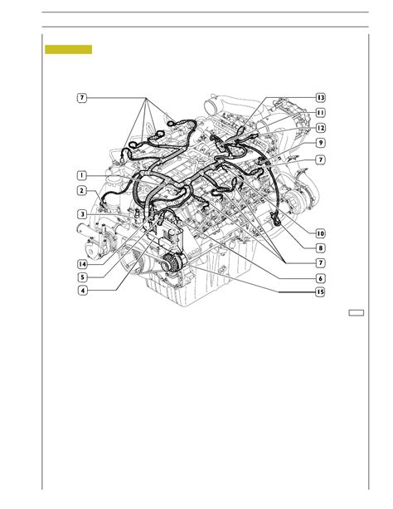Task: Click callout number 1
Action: (82, 176)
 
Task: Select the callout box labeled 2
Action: (82, 190)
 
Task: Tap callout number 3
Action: (82, 214)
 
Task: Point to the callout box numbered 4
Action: (83, 290)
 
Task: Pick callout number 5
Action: (82, 277)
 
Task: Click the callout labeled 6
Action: (320, 278)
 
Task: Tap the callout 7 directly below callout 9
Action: (320, 159)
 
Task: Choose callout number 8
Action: (320, 248)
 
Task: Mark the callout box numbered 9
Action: (320, 143)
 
